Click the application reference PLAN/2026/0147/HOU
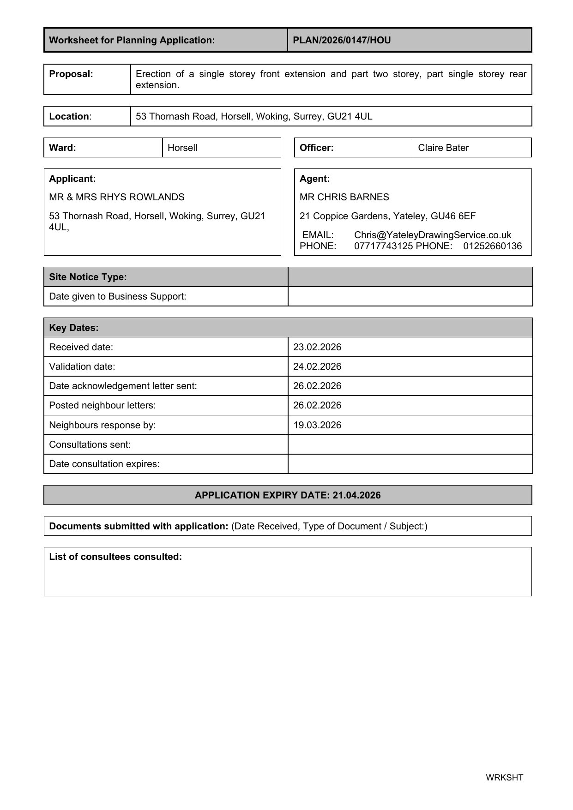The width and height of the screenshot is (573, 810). click(x=342, y=40)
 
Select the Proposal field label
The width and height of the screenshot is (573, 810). click(x=71, y=74)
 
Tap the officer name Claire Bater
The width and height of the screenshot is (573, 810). click(x=443, y=148)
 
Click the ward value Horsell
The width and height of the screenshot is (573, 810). click(x=182, y=148)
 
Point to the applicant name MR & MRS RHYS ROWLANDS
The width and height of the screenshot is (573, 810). click(x=117, y=197)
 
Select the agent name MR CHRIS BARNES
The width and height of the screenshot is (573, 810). click(x=344, y=197)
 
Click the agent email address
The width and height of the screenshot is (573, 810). click(x=433, y=235)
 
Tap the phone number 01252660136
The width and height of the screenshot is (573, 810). click(x=493, y=246)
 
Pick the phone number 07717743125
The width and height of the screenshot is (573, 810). click(x=383, y=246)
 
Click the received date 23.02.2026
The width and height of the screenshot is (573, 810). click(x=317, y=347)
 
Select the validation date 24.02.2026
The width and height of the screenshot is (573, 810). click(x=317, y=366)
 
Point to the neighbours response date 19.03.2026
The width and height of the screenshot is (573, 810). click(x=317, y=425)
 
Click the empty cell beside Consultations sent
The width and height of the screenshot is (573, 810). click(x=410, y=444)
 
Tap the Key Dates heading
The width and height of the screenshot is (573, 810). click(x=74, y=328)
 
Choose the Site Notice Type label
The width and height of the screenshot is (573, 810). click(x=88, y=277)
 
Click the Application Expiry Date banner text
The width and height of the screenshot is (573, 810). click(x=288, y=495)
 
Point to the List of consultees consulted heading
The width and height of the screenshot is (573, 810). click(x=115, y=557)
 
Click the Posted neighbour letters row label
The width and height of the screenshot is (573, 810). click(x=103, y=405)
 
